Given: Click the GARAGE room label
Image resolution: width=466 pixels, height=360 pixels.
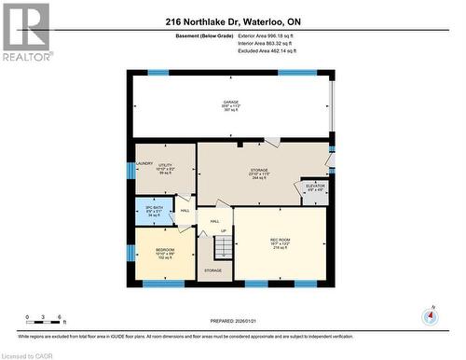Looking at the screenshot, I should tap(230, 102).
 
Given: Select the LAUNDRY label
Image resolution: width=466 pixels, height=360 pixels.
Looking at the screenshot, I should tap(144, 164).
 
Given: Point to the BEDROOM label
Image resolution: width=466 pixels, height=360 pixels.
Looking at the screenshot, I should tap(165, 250).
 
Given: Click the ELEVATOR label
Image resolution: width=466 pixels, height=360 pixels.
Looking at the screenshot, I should tap(315, 187).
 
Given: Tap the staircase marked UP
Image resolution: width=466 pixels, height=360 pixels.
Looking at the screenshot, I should tap(223, 247).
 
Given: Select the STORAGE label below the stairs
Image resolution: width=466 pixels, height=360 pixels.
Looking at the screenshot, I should tap(212, 270).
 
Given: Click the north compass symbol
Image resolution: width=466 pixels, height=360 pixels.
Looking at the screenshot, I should tap(430, 316).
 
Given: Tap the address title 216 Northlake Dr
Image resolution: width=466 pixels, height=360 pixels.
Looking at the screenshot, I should tap(233, 21).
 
